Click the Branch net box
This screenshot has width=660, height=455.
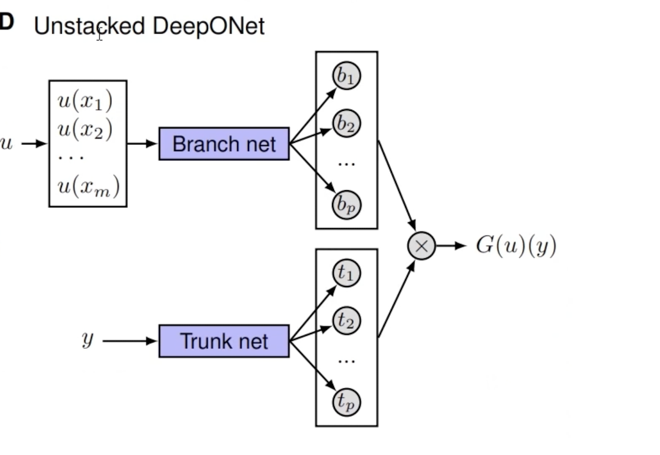tap(224, 144)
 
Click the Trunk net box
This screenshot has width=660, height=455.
tap(224, 341)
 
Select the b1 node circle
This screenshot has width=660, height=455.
tap(347, 76)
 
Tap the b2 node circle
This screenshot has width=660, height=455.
tap(347, 124)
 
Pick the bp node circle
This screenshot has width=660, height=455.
tap(347, 205)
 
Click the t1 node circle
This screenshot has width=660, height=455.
tap(347, 273)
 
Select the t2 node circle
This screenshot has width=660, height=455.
tap(347, 321)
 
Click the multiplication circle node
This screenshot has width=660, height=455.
tap(421, 246)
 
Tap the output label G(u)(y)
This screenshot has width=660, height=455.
tap(516, 247)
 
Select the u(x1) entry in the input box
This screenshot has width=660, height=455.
tap(85, 101)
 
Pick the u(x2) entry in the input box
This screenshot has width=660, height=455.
tap(85, 129)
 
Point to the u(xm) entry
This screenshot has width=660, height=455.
tap(88, 187)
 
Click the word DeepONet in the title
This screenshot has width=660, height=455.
tap(208, 26)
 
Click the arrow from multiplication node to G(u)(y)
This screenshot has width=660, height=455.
tap(451, 246)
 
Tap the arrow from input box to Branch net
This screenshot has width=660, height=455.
tap(142, 144)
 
